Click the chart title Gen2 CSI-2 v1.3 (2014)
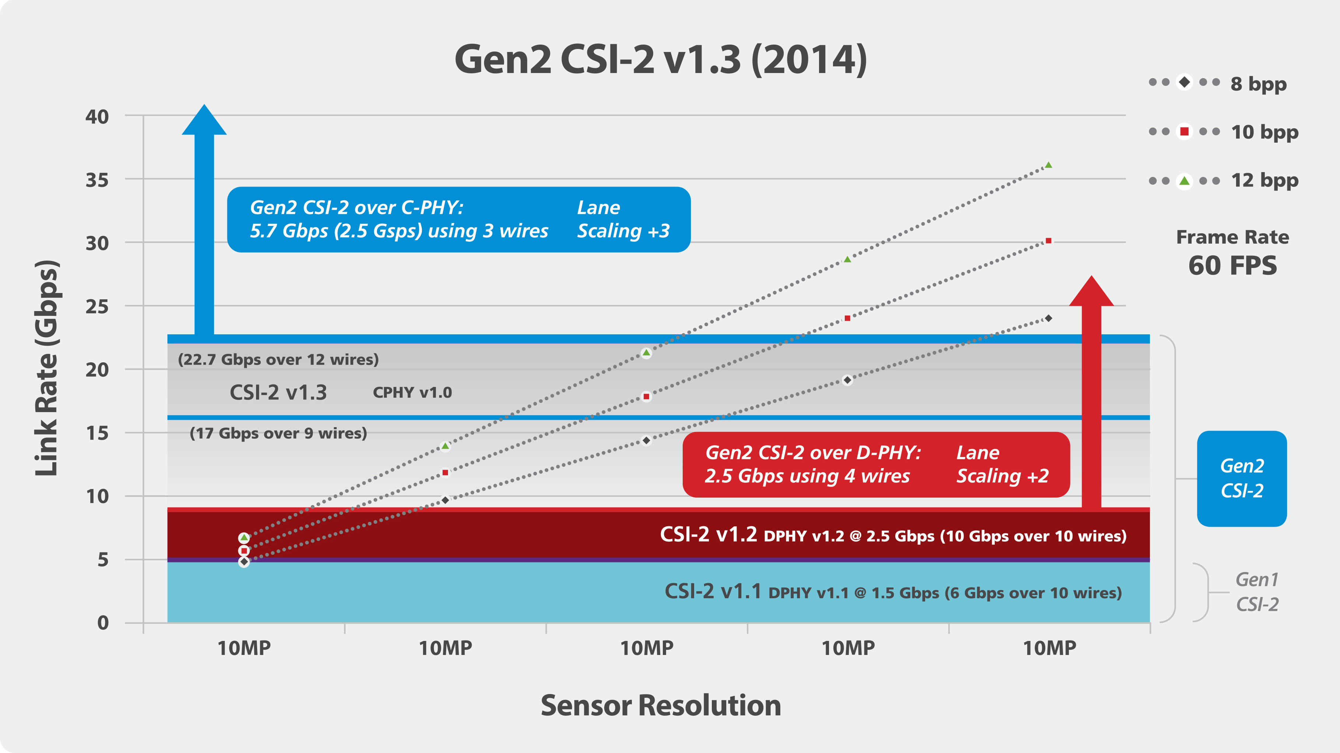[661, 60]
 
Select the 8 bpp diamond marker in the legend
[1185, 82]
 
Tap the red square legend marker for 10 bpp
[1185, 132]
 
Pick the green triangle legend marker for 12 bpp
[1185, 181]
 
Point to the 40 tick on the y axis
[97, 116]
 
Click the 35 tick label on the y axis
[97, 180]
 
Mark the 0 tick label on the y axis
[103, 623]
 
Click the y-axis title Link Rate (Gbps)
[47, 367]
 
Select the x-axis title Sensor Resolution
[661, 706]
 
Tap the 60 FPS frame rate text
[1232, 265]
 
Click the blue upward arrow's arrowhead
[204, 120]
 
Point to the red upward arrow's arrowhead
[1091, 291]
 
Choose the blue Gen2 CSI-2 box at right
[1242, 478]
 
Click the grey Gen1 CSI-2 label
[1257, 592]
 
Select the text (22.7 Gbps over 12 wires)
[278, 360]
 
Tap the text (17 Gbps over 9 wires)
[278, 433]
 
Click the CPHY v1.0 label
[413, 393]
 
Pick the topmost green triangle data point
[1048, 165]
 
